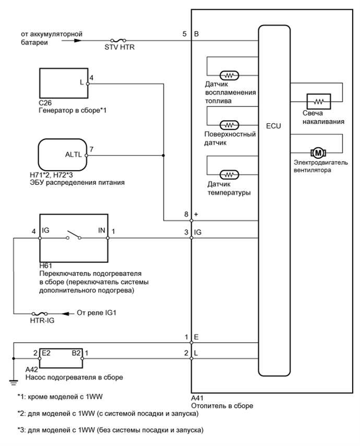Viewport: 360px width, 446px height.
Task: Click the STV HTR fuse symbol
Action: coord(118,40)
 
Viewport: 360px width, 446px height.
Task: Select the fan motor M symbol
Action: coord(317,152)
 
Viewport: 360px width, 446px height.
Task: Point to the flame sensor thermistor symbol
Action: coord(230,75)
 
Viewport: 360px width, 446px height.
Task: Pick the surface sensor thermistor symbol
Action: coord(230,125)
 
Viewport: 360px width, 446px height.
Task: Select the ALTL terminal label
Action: coord(73,155)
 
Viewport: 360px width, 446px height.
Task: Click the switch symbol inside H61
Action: coord(73,238)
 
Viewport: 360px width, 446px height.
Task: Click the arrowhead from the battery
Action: coord(78,40)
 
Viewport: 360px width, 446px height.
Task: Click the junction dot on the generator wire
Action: coord(164,155)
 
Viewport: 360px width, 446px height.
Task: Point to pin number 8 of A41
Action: coord(186,214)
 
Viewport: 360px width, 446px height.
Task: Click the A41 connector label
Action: coord(197,398)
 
